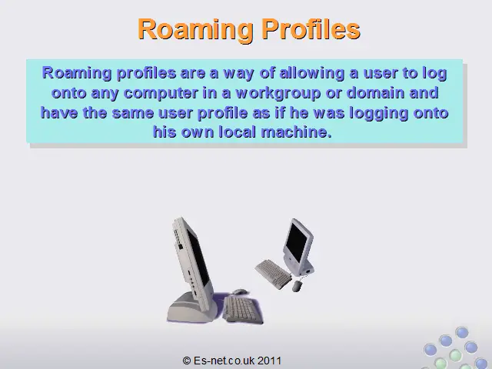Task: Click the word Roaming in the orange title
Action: pos(195,30)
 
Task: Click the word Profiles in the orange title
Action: pos(311,29)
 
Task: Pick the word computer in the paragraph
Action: pos(161,94)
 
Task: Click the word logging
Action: pos(379,114)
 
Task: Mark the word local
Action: pos(238,131)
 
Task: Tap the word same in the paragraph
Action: pos(133,113)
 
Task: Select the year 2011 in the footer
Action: pos(269,361)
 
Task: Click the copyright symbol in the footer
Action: pos(186,361)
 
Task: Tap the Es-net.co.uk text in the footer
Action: pos(224,361)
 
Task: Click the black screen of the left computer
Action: pos(198,257)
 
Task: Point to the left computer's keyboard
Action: pos(242,309)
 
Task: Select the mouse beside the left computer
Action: pos(239,292)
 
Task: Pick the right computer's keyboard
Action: pos(274,274)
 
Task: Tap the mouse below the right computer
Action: pos(298,285)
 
